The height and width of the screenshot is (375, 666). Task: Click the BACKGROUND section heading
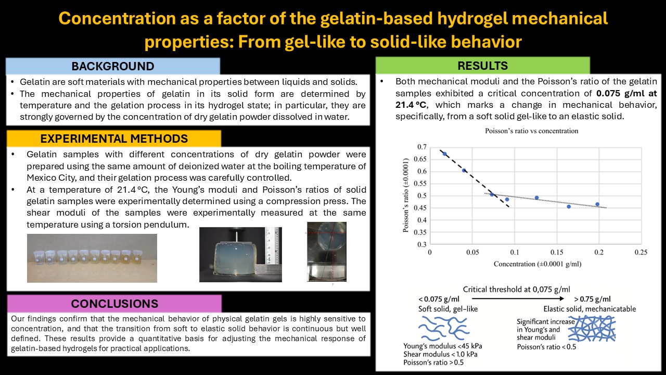pyautogui.click(x=113, y=66)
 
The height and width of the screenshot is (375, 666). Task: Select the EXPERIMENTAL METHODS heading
pyautogui.click(x=113, y=138)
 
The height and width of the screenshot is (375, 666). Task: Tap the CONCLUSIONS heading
pyautogui.click(x=114, y=304)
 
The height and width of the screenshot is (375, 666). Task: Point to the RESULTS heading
pyautogui.click(x=482, y=65)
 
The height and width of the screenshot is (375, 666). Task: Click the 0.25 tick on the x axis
pyautogui.click(x=641, y=252)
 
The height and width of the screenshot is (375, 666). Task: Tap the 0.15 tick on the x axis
pyautogui.click(x=556, y=252)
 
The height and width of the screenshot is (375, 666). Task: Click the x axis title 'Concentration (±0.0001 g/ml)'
pyautogui.click(x=537, y=264)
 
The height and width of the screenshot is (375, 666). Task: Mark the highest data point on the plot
pyautogui.click(x=444, y=154)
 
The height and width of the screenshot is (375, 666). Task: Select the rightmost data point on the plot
pyautogui.click(x=597, y=205)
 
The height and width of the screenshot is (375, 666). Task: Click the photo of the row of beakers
pyautogui.click(x=92, y=258)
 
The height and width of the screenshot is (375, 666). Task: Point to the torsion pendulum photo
pyautogui.click(x=326, y=252)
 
